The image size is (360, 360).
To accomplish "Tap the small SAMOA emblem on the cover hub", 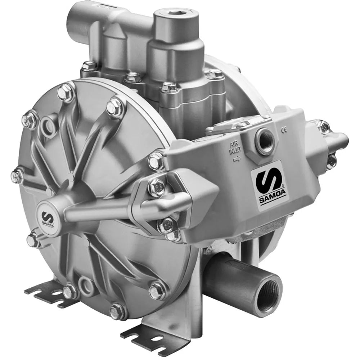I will pos(48,217).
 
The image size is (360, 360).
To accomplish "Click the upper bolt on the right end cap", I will pos(324,126).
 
